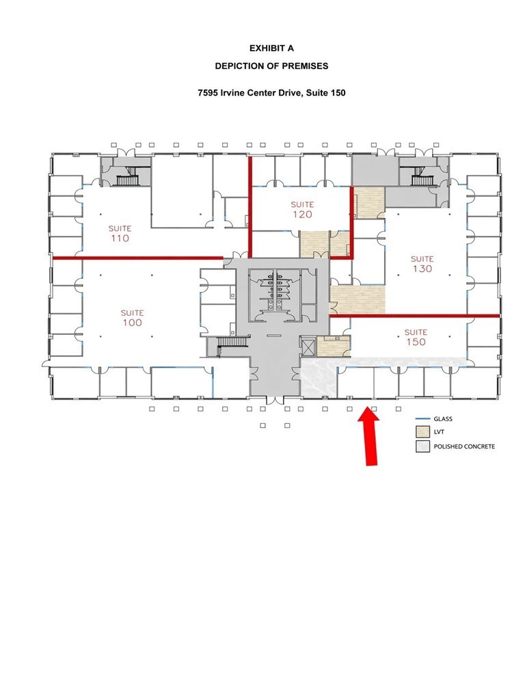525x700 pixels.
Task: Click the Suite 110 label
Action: [119, 234]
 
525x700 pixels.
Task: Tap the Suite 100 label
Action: [132, 318]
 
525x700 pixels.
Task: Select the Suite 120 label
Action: [302, 209]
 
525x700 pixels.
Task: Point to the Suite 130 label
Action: [422, 264]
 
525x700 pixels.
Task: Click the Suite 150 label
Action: [416, 337]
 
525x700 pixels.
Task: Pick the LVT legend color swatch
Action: [422, 432]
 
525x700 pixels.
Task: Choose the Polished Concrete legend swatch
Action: [422, 446]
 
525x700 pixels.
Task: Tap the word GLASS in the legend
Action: [443, 419]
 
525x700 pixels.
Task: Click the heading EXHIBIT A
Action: [271, 49]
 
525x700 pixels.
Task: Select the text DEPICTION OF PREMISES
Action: [271, 66]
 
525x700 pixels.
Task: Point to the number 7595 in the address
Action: [208, 93]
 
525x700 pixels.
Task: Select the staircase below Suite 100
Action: [232, 342]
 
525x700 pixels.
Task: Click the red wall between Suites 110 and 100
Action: [137, 258]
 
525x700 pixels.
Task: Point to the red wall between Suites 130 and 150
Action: [414, 316]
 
